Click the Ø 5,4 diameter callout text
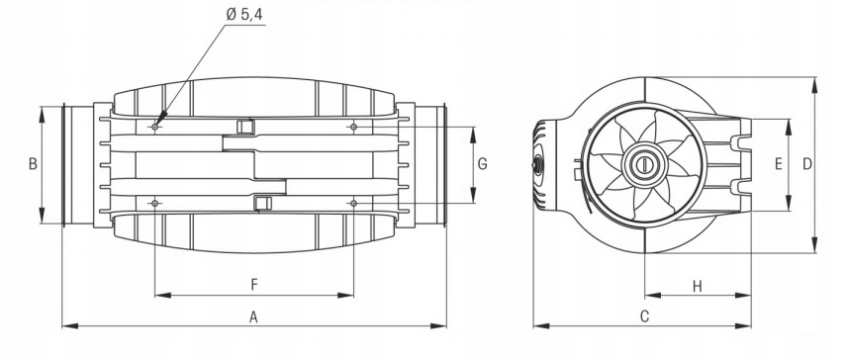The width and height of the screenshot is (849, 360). tap(244, 15)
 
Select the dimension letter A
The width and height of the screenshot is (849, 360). tap(253, 317)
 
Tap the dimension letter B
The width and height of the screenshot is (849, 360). tap(33, 163)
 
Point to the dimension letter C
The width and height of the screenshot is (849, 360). tap(644, 316)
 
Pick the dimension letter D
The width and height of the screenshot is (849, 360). tap(807, 163)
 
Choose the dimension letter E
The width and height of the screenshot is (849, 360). tap(779, 163)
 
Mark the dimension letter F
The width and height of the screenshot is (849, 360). tap(254, 285)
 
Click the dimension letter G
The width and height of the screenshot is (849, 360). tap(483, 163)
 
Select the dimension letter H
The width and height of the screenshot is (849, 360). tap(698, 287)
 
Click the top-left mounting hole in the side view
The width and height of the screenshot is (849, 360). tap(154, 127)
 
